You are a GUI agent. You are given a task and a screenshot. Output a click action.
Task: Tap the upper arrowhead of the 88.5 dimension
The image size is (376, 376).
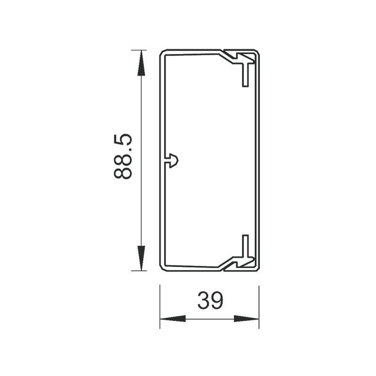pyautogui.click(x=140, y=64)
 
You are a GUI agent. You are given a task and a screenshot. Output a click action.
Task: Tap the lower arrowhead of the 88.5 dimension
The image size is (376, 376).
pyautogui.click(x=140, y=257)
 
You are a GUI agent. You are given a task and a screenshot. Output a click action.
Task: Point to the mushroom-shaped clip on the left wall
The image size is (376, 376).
pyautogui.click(x=170, y=160)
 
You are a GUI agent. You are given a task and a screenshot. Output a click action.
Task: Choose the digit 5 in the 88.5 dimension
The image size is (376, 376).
pyautogui.click(x=124, y=141)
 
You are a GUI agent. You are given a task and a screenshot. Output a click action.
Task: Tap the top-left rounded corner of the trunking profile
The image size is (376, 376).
pyautogui.click(x=163, y=52)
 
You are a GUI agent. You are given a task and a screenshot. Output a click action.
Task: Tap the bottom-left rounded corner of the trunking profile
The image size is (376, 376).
pyautogui.click(x=163, y=269)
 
